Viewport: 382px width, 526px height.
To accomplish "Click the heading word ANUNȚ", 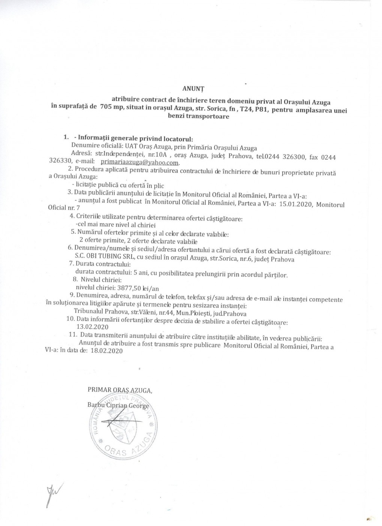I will [192, 89].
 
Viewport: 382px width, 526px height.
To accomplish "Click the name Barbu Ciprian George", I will [118, 405].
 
